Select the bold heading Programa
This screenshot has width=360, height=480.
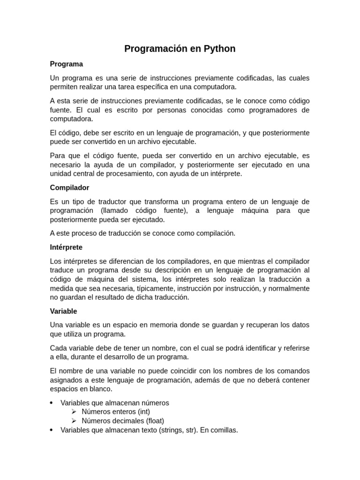[67, 64]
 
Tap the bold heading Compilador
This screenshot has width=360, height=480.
[69, 187]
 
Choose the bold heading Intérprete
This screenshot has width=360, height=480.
[66, 247]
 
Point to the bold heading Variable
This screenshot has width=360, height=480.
[63, 311]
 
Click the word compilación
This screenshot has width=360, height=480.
[214, 233]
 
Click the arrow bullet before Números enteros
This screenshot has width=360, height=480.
[74, 412]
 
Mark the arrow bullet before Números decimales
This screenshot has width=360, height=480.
[74, 420]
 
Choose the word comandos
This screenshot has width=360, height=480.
[293, 371]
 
